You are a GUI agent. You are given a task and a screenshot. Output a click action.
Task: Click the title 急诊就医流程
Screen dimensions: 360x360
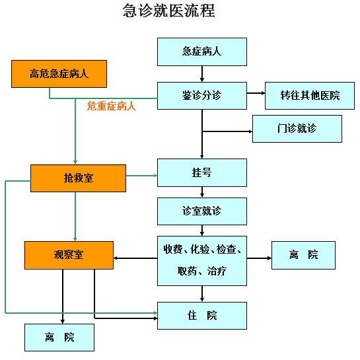point(168,11)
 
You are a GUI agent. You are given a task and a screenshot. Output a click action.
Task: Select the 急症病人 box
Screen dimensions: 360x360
point(202,52)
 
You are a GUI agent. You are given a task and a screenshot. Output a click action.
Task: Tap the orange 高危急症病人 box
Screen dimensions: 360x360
point(59,74)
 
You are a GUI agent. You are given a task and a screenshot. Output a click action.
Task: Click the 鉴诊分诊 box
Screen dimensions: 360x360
point(202,96)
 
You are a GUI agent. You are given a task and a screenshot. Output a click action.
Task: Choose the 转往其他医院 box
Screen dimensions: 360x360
point(310,96)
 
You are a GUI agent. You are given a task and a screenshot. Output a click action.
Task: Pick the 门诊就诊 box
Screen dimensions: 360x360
point(297,129)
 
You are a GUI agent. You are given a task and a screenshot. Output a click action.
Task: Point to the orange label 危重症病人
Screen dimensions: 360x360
point(112,106)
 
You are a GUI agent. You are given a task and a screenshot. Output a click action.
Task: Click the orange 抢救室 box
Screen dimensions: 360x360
point(79,178)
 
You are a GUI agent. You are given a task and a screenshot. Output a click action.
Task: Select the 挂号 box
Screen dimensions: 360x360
point(202,172)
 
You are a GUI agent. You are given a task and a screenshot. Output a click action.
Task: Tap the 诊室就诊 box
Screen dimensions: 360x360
point(202,211)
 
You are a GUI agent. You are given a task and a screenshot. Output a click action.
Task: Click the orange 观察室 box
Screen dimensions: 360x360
point(69,255)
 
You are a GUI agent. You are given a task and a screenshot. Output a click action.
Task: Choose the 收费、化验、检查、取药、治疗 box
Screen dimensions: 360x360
point(202,261)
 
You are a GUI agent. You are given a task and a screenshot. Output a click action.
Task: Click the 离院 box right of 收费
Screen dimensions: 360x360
point(303,255)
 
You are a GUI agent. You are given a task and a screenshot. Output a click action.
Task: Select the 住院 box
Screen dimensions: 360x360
point(202,316)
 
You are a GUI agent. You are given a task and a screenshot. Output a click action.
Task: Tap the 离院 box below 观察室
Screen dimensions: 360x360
point(59,338)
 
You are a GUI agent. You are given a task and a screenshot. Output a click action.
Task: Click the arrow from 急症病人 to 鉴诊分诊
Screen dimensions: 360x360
point(202,74)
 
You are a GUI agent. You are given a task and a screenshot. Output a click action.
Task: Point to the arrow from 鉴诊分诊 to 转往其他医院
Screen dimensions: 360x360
point(256,93)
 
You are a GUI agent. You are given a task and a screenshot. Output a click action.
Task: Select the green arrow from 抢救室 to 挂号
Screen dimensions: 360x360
point(141,176)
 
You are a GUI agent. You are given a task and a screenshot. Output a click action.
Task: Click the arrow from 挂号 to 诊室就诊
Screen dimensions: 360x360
point(202,192)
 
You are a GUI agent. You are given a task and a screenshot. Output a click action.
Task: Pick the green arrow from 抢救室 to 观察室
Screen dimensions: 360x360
point(75,217)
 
